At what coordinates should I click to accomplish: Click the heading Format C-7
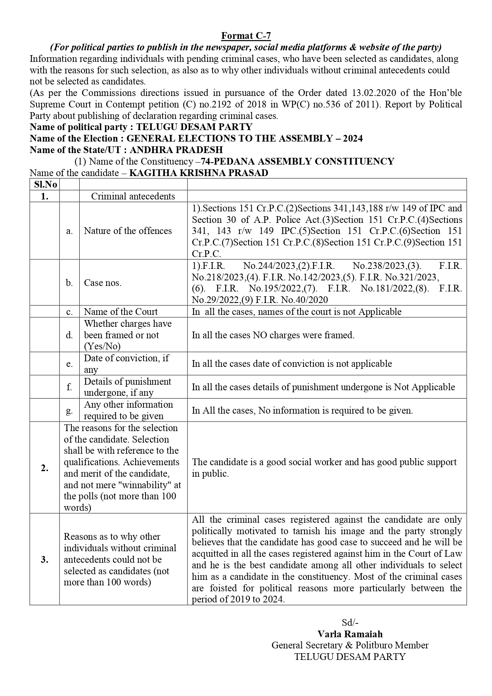[x=246, y=36]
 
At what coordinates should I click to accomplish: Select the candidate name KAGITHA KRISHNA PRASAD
[x=199, y=173]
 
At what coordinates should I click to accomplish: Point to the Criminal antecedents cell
[x=133, y=196]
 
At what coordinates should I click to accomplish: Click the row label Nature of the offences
[x=128, y=231]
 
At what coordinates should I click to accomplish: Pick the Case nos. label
[x=103, y=283]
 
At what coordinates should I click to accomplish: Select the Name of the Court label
[x=121, y=312]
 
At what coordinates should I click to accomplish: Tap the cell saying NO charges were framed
[x=273, y=335]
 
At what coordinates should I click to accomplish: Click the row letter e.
[x=69, y=364]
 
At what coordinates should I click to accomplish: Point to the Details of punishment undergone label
[x=127, y=387]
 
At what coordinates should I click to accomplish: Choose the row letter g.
[x=69, y=410]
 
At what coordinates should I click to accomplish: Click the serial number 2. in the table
[x=44, y=468]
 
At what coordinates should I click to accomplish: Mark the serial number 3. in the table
[x=44, y=560]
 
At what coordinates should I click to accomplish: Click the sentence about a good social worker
[x=324, y=468]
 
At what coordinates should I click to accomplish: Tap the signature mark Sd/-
[x=350, y=622]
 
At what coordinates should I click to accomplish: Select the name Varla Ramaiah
[x=350, y=634]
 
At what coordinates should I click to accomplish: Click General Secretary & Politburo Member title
[x=350, y=645]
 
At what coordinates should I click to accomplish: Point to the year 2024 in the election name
[x=353, y=138]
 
